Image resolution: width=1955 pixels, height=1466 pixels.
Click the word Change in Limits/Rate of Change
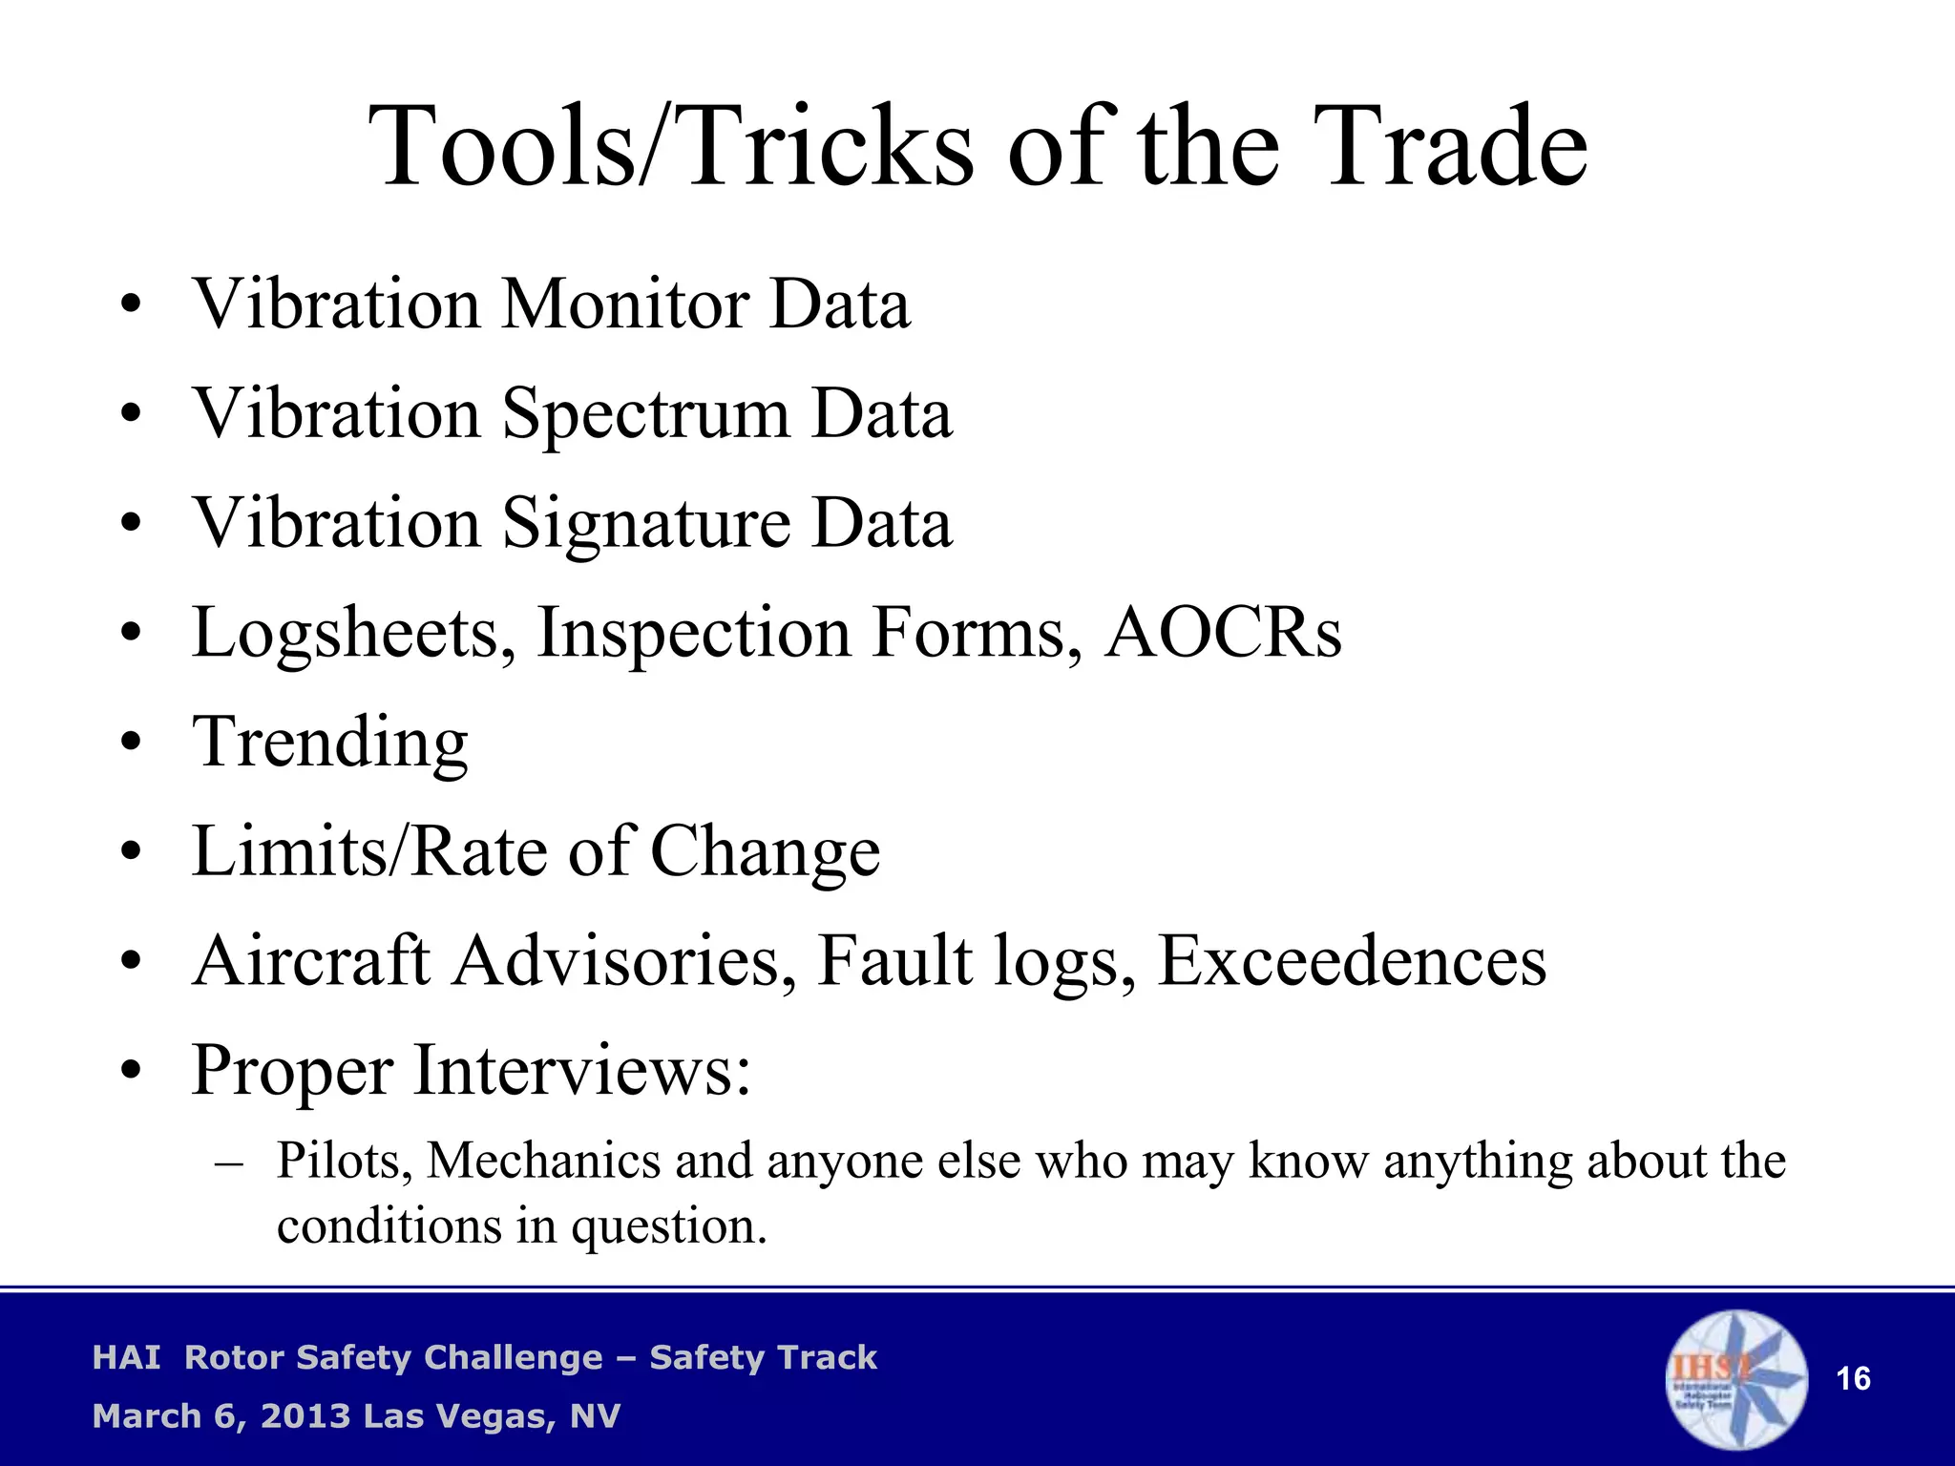(x=765, y=851)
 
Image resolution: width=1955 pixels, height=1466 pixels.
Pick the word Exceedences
(x=1352, y=961)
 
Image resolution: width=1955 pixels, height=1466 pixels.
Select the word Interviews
(x=582, y=1071)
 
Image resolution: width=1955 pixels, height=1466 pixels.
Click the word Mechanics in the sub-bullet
(x=543, y=1162)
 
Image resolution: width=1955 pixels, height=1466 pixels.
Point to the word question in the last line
(x=668, y=1226)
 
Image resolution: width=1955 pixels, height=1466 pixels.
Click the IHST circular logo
(x=1735, y=1379)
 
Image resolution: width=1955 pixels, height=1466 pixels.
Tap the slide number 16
(x=1853, y=1379)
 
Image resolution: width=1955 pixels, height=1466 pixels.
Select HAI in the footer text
(x=126, y=1358)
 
